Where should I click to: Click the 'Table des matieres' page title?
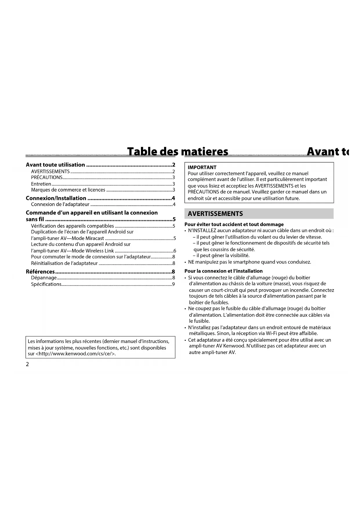pos(178,151)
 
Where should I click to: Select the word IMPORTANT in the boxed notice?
pos(202,167)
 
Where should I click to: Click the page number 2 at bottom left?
pos(28,364)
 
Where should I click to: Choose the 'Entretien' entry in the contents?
pos(41,184)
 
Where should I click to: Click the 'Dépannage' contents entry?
pos(44,278)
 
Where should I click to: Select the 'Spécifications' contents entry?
pos(46,284)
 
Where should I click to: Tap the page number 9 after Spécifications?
pos(173,284)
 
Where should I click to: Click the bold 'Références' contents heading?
pos(40,272)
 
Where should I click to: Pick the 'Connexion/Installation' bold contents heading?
pos(56,198)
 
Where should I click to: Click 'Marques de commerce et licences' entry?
pos(68,190)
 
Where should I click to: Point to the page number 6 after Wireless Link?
pos(175,251)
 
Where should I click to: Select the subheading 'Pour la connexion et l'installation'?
pos(223,271)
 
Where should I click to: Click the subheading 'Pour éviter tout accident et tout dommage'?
pos(234,224)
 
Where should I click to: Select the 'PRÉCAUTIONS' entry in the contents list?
pos(47,177)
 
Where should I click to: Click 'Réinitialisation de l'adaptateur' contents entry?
pos(64,263)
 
